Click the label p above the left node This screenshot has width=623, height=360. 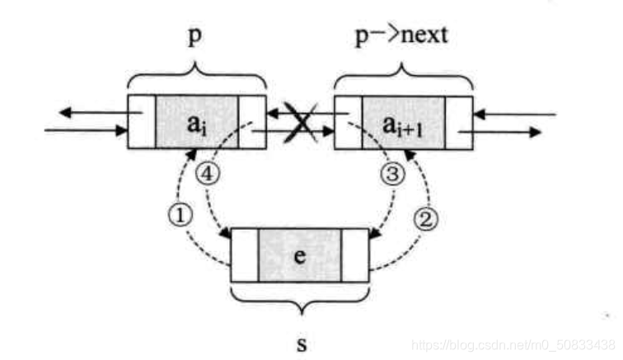pyautogui.click(x=196, y=39)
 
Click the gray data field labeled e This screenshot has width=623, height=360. pyautogui.click(x=299, y=255)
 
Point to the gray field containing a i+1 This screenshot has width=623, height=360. pyautogui.click(x=403, y=123)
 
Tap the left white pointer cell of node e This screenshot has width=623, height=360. pyautogui.click(x=245, y=255)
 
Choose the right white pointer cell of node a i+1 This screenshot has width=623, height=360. pyautogui.click(x=459, y=123)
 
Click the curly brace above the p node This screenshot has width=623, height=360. pyautogui.click(x=197, y=79)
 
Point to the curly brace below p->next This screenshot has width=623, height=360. pyautogui.click(x=403, y=79)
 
